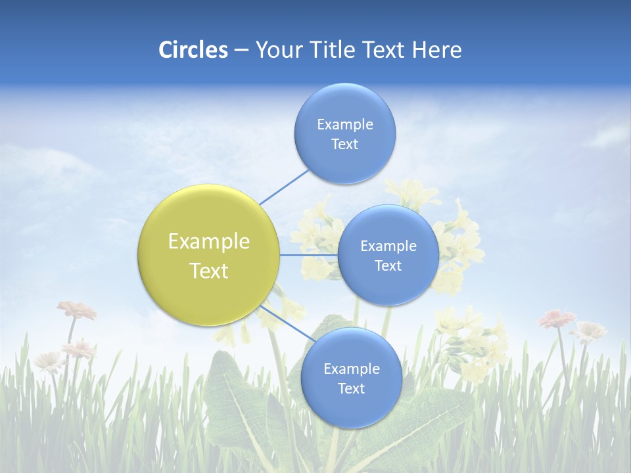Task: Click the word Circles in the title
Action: [x=193, y=50]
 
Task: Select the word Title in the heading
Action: [x=333, y=50]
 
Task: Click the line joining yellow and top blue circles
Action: [x=285, y=186]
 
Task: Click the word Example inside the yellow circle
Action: [x=209, y=241]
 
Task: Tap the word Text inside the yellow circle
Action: [x=209, y=271]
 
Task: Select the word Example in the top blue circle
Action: [x=344, y=125]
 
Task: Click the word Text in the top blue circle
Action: [x=344, y=145]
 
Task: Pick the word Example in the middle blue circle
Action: [x=388, y=246]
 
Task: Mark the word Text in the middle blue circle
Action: [x=388, y=266]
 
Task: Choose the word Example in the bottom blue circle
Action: [x=351, y=369]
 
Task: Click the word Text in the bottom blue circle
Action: [x=351, y=389]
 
